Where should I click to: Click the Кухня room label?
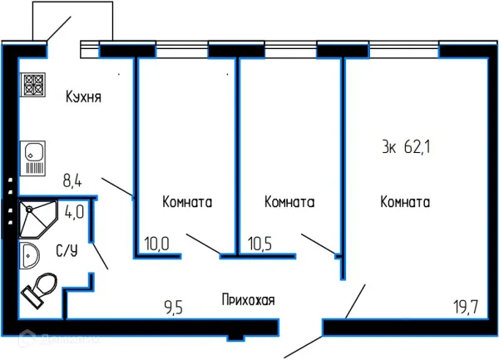point(83,97)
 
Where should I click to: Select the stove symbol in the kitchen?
point(33,84)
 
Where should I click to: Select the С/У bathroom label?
point(67,249)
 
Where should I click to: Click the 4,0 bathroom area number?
point(74,212)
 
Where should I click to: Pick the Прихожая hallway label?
point(248,299)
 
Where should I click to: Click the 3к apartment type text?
point(388,148)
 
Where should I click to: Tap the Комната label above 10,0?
point(187,202)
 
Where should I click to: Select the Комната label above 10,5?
point(288,202)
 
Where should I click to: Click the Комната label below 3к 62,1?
point(405,202)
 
